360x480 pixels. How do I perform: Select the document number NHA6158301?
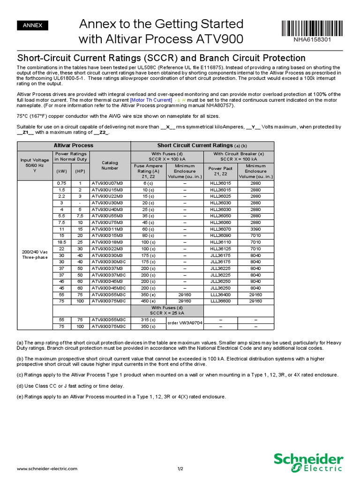(x=312, y=39)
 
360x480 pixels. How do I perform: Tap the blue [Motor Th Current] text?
(x=151, y=100)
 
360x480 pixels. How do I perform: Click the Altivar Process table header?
(x=74, y=145)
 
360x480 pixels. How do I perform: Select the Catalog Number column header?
(x=110, y=165)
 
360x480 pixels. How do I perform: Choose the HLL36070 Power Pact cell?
(x=220, y=229)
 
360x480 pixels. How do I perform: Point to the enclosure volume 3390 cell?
(x=256, y=229)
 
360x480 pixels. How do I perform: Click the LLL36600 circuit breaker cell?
(x=220, y=301)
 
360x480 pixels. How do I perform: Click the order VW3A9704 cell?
(x=184, y=323)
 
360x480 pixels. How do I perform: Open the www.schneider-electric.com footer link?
(x=47, y=468)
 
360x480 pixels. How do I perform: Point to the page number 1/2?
(x=180, y=468)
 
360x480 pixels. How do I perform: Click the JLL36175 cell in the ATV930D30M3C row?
(x=220, y=262)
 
